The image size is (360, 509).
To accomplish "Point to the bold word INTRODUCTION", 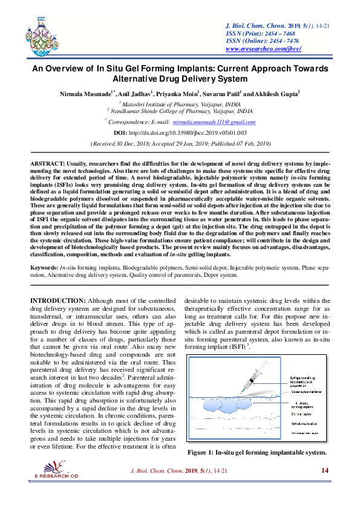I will pos(57,300).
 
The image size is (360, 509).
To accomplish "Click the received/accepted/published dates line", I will pos(180,144).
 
